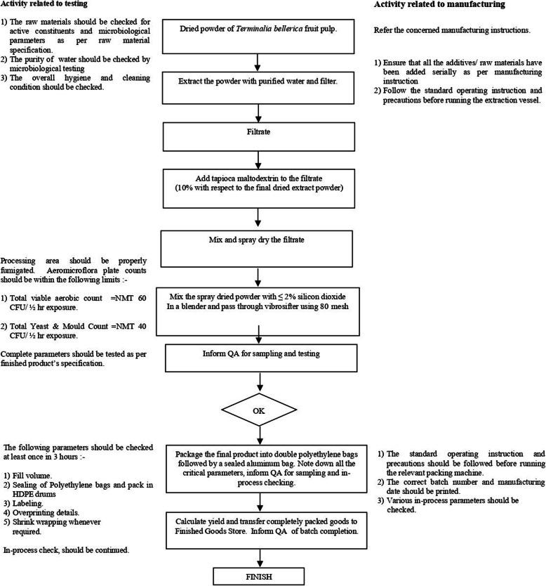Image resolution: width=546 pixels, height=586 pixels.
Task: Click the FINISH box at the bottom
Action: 260,576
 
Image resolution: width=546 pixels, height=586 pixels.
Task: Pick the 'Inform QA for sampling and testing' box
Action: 260,353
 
